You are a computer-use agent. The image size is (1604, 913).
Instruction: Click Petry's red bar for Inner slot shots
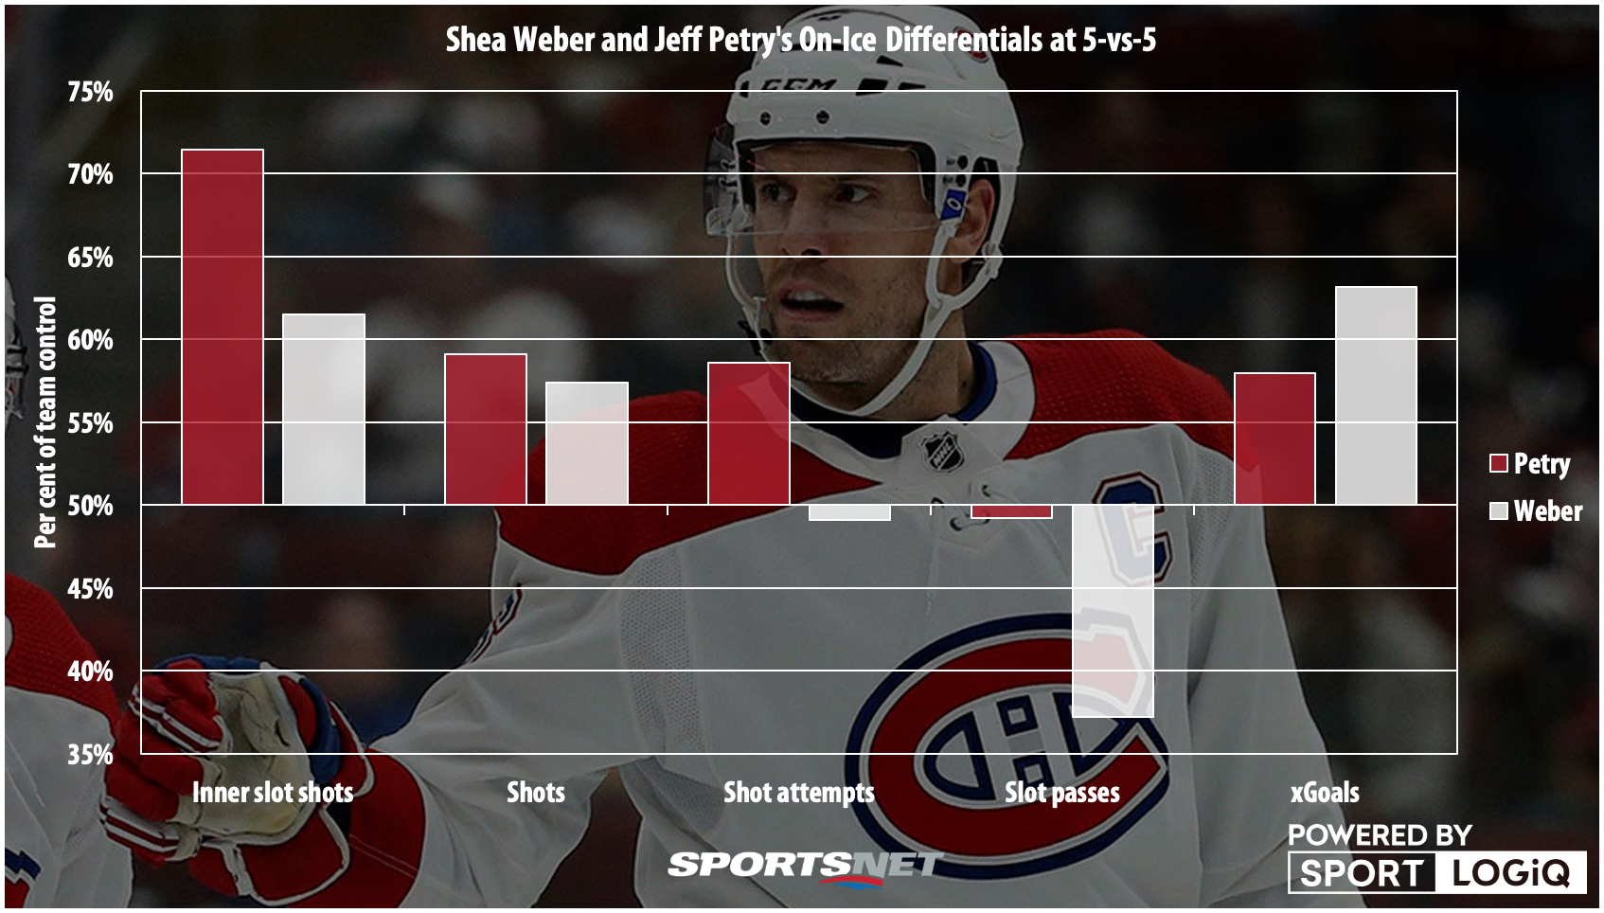[x=223, y=327]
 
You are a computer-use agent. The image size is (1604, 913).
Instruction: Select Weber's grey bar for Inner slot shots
[x=324, y=409]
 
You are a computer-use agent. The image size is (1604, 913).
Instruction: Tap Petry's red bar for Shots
[x=486, y=429]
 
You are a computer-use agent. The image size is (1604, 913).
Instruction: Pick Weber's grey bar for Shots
[x=587, y=443]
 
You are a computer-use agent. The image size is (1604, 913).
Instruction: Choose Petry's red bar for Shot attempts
[x=749, y=433]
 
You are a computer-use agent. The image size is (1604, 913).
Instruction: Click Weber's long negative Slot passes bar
[x=1113, y=611]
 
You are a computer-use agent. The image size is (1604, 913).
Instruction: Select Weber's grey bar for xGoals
[x=1376, y=395]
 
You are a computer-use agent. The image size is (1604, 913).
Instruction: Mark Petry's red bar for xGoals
[x=1274, y=439]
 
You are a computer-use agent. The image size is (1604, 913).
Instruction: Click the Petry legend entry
[x=1529, y=463]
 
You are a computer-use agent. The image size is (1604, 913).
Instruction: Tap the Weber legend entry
[x=1535, y=511]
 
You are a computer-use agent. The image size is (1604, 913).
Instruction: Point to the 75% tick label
[x=90, y=92]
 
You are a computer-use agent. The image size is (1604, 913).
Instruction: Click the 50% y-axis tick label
[x=90, y=506]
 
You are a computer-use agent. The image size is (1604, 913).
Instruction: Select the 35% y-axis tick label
[x=90, y=755]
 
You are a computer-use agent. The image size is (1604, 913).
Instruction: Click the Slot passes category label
[x=1061, y=793]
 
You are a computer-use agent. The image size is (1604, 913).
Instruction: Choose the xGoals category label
[x=1325, y=793]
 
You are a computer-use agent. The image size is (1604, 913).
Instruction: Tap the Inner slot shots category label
[x=273, y=793]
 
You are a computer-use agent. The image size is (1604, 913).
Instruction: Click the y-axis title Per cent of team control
[x=45, y=421]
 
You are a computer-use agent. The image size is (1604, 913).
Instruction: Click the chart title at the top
[x=800, y=40]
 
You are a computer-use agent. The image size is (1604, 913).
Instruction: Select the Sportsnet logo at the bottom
[x=804, y=866]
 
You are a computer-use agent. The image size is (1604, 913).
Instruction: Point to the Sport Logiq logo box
[x=1436, y=872]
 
